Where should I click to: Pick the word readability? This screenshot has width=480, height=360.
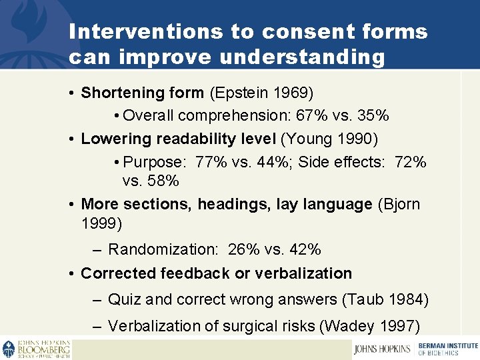(184, 139)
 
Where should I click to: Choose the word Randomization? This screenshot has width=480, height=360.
(163, 249)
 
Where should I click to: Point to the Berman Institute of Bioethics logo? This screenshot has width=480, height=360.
(447, 349)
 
